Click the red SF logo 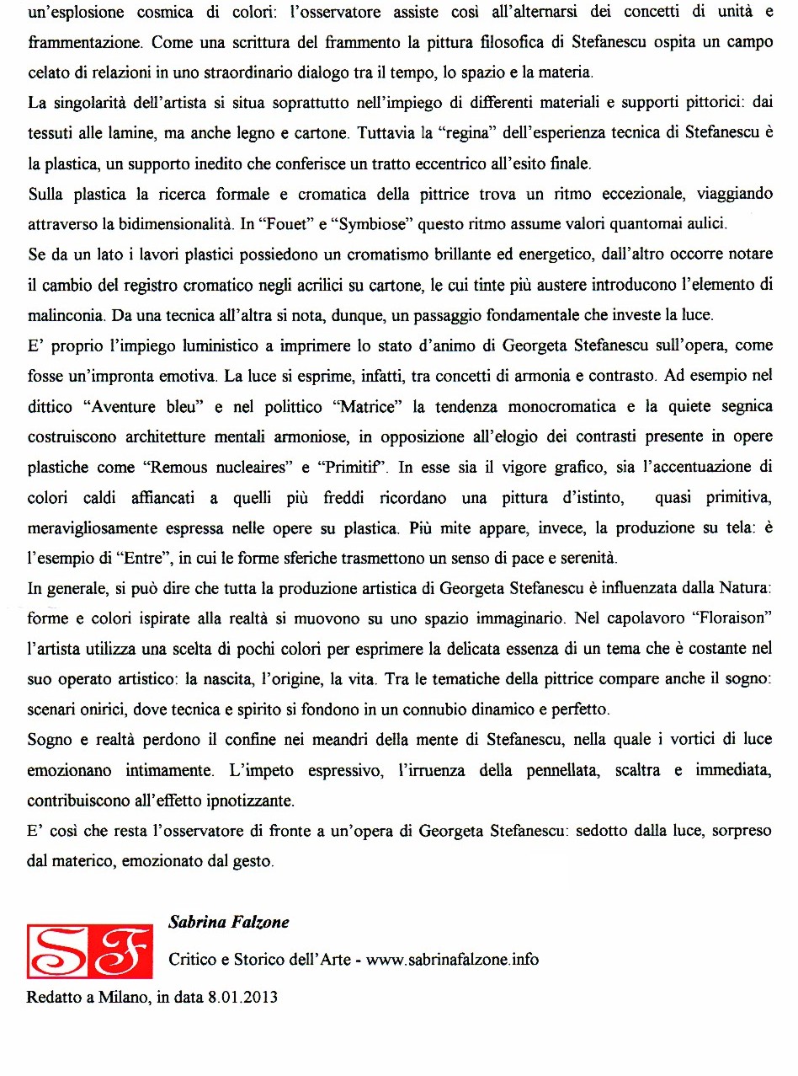coord(90,951)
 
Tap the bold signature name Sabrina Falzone coord(228,922)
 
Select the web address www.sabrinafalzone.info coord(453,960)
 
